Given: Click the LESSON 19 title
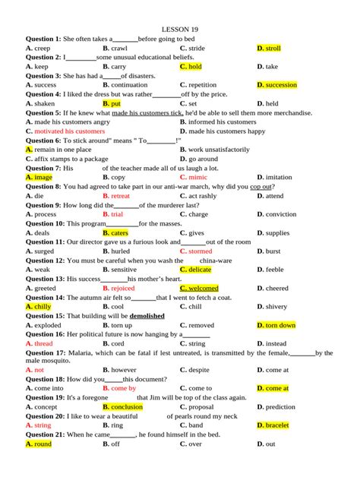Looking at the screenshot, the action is coord(180,29).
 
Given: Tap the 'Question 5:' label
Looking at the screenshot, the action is coord(43,112).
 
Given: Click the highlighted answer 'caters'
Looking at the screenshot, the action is coord(119,233).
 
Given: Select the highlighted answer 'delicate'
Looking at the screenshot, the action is coord(200,270).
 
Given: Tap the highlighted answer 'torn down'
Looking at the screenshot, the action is coord(280,325).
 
